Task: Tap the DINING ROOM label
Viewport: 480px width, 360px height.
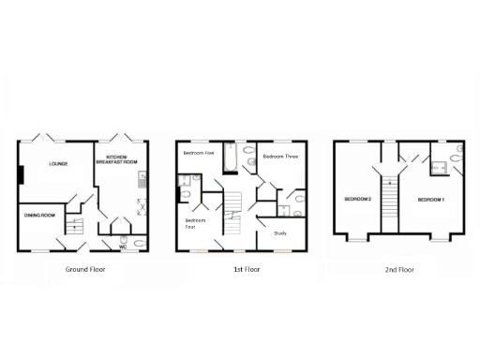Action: [x=39, y=216]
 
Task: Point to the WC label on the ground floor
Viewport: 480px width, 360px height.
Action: [x=123, y=247]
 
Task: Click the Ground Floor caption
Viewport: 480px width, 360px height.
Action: [x=85, y=269]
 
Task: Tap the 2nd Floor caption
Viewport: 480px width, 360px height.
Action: [x=397, y=269]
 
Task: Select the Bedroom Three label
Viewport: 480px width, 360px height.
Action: [x=279, y=156]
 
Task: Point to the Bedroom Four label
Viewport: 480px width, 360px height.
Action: [x=190, y=223]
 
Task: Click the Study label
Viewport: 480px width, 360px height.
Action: [x=279, y=232]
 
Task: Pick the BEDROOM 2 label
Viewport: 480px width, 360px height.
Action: [x=357, y=200]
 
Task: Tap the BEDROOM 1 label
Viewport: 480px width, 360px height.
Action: [x=430, y=200]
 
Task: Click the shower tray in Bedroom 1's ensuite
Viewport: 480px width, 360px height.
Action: [x=438, y=169]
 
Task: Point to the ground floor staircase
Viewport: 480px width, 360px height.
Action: [x=79, y=225]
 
